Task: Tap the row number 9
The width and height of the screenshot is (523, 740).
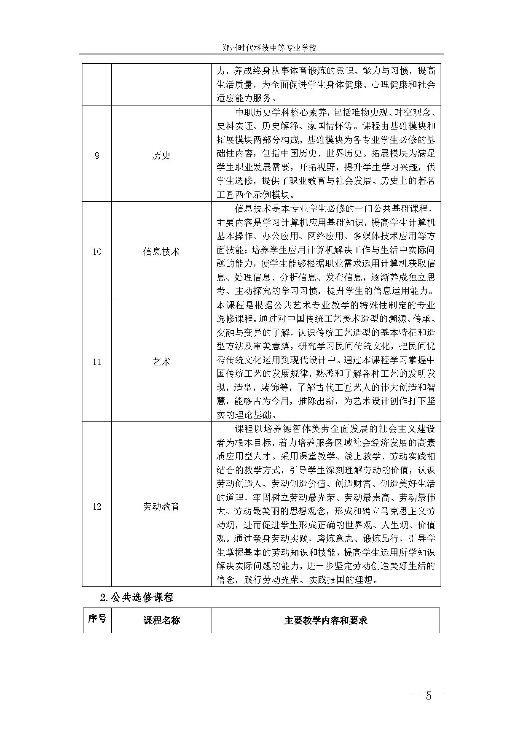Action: [97, 156]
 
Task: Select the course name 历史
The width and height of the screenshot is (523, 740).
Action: [161, 156]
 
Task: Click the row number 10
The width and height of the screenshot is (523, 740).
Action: [97, 252]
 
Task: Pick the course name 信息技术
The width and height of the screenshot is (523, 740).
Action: [161, 252]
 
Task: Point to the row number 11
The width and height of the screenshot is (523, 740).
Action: [97, 362]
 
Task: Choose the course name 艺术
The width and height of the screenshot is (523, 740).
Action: [161, 362]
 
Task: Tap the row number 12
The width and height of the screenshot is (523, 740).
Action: [97, 507]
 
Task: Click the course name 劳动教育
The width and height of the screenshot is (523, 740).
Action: [161, 507]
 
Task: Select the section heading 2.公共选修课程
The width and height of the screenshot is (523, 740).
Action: [137, 597]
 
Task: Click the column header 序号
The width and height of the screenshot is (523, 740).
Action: [97, 619]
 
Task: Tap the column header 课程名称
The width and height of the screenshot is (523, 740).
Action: [161, 620]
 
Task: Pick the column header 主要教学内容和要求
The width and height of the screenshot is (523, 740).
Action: [326, 620]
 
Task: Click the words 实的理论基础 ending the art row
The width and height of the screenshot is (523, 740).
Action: [244, 415]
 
